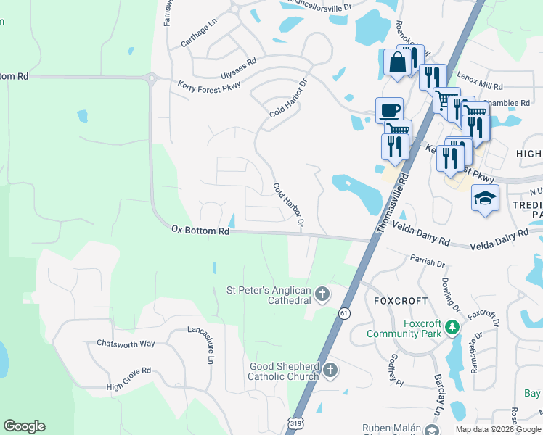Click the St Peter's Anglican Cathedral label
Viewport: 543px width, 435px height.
(x=269, y=295)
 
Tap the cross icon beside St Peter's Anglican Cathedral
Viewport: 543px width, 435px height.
(x=322, y=294)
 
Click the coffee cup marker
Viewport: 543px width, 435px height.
(x=390, y=111)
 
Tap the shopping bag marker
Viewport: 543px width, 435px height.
(x=397, y=62)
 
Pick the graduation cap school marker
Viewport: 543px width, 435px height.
(x=485, y=198)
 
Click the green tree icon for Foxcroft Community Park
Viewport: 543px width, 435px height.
(x=452, y=328)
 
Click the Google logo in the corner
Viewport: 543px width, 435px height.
(x=24, y=426)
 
